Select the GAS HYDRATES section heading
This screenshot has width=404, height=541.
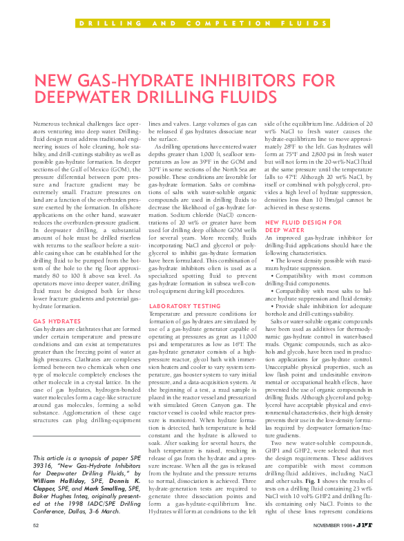point(57,321)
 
